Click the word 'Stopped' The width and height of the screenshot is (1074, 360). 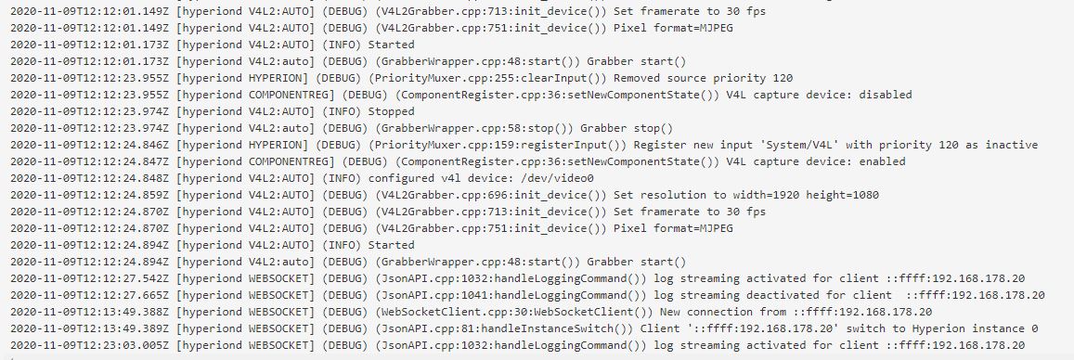pos(391,111)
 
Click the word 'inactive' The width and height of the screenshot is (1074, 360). pos(1012,145)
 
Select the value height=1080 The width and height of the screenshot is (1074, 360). pos(844,195)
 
